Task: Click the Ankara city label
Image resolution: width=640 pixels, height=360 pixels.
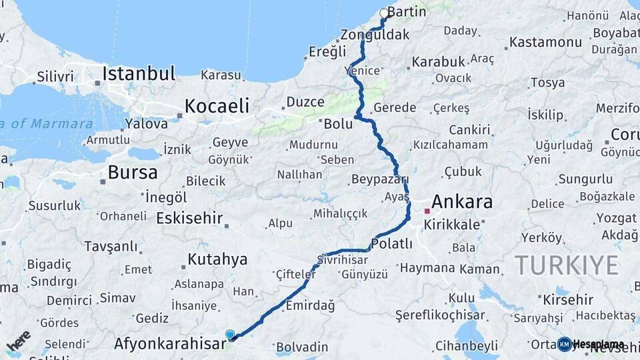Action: [462, 202]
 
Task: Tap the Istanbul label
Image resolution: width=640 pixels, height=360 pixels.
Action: [139, 73]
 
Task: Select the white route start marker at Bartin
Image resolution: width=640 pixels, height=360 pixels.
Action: [384, 13]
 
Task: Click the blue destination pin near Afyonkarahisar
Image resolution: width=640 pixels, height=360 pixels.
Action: [230, 335]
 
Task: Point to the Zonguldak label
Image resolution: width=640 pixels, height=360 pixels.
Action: [375, 35]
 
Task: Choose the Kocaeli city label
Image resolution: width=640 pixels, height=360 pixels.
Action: [217, 105]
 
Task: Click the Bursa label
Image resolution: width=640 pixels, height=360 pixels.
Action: [133, 173]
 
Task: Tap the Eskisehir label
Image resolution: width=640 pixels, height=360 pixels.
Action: [189, 218]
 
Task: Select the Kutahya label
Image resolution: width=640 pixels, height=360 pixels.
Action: [217, 259]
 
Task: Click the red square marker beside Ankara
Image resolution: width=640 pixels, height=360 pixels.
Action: [427, 211]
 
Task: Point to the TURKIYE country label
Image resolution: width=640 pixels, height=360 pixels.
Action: [567, 265]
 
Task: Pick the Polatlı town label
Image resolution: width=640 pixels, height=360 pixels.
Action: [391, 244]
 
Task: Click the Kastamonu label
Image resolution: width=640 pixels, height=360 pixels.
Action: [545, 43]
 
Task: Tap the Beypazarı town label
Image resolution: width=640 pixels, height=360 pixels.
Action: [379, 180]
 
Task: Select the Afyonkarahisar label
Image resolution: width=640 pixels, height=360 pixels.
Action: [170, 344]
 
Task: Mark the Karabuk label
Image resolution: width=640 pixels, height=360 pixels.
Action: [438, 61]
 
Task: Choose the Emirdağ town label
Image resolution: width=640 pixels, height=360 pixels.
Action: [309, 305]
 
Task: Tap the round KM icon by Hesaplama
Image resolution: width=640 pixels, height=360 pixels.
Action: [565, 344]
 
